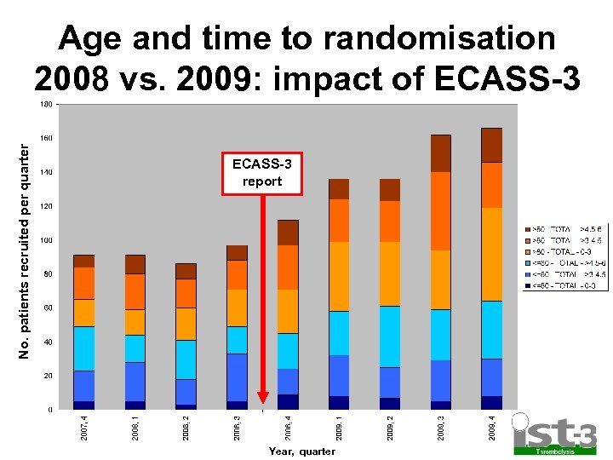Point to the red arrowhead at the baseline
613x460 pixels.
click(263, 397)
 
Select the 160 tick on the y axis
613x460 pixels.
click(48, 138)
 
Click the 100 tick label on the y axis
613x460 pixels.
click(48, 240)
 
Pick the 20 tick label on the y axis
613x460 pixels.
click(49, 376)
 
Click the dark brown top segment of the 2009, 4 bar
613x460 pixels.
click(491, 145)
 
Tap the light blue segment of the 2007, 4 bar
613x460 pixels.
click(83, 348)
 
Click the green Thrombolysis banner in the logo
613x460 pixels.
click(553, 451)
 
